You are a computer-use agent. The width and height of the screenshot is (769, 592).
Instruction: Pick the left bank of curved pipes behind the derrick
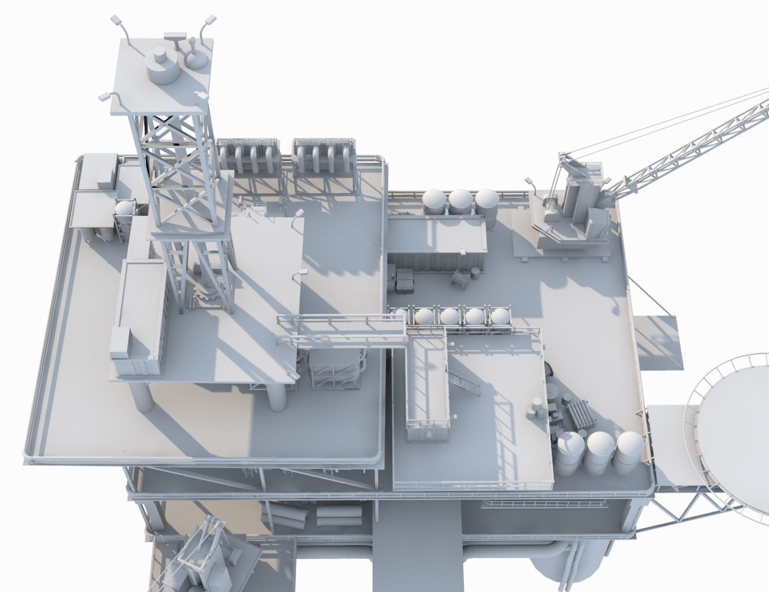pos(248,157)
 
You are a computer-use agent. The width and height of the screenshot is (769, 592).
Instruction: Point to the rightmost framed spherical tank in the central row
pos(500,317)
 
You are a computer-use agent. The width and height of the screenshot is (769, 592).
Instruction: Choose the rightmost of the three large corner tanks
pos(627,450)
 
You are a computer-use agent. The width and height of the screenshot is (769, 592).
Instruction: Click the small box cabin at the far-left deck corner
pos(97,170)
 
